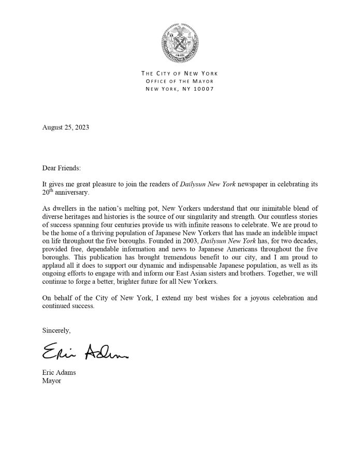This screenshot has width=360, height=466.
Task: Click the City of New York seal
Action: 180,42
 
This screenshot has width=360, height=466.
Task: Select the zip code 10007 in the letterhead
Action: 203,89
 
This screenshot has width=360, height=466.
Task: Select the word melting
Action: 155,208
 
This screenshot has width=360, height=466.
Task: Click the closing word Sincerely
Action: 56,330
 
